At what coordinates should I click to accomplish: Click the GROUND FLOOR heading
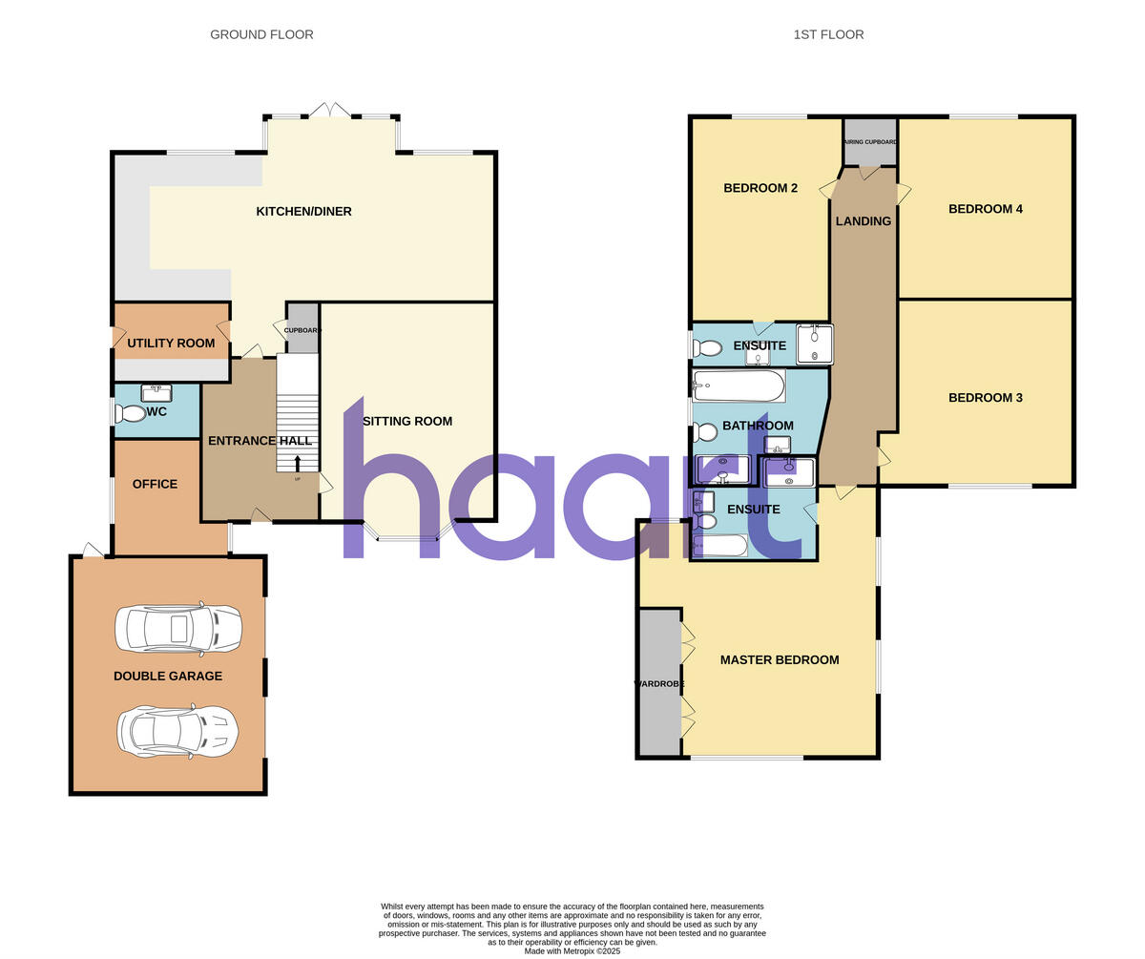click(x=261, y=34)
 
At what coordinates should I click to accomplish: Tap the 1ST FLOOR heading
click(x=828, y=34)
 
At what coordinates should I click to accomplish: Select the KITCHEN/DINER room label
click(x=303, y=211)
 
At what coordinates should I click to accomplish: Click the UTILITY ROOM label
click(x=171, y=343)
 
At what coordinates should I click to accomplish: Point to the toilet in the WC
click(x=130, y=413)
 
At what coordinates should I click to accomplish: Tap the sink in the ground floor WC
click(x=156, y=392)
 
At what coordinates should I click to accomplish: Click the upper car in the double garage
click(x=178, y=628)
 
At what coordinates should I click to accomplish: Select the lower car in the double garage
click(x=177, y=732)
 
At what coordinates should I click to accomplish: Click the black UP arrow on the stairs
click(x=297, y=463)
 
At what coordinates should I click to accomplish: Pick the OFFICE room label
click(x=155, y=484)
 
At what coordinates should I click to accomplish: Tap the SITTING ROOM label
click(x=407, y=421)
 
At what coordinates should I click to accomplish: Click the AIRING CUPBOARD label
click(x=869, y=142)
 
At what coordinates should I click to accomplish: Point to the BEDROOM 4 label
click(x=985, y=208)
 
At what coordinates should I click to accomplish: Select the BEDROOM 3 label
click(x=985, y=397)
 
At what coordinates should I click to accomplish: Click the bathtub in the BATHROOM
click(x=739, y=386)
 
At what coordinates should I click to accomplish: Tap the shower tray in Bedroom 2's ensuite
click(x=814, y=344)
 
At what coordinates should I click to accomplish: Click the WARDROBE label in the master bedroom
click(x=659, y=683)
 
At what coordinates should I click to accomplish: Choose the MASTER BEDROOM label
click(x=780, y=659)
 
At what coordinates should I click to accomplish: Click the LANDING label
click(x=863, y=220)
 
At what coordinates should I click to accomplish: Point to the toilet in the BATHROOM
click(x=705, y=432)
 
